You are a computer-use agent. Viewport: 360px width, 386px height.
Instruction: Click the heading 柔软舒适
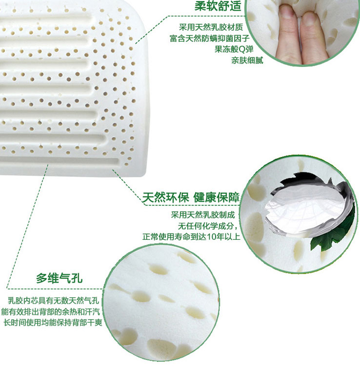[x=218, y=6]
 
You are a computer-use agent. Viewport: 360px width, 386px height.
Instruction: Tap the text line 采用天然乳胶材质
[x=211, y=27]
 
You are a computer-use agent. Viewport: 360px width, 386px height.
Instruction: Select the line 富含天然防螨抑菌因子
[x=210, y=38]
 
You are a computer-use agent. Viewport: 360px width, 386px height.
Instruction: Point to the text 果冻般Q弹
[x=234, y=49]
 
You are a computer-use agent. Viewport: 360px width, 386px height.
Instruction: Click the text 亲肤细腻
[x=247, y=60]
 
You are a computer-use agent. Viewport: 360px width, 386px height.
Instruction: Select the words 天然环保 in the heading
[x=165, y=197]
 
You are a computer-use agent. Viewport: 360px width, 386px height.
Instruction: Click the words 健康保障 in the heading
[x=217, y=197]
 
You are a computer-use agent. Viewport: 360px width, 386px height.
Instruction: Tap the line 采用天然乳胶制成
[x=203, y=214]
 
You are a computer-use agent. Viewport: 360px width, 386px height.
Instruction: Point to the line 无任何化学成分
[x=208, y=226]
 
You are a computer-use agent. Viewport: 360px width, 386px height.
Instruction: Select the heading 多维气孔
[x=59, y=278]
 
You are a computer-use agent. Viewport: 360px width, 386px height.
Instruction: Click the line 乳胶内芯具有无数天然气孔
[x=54, y=300]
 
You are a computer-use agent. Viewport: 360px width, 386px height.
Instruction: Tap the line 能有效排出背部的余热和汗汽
[x=51, y=311]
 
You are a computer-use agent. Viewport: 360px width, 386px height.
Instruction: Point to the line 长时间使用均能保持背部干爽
[x=53, y=322]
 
